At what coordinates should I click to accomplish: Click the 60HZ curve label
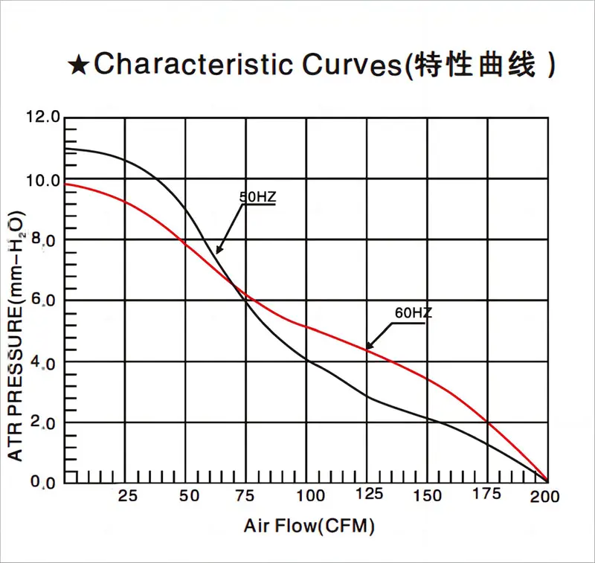coord(413,313)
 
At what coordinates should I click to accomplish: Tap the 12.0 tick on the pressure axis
coord(42,117)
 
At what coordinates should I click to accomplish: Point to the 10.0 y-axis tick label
coord(42,180)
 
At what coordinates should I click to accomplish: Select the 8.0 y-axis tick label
coord(45,241)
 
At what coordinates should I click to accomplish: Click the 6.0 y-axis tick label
coord(45,301)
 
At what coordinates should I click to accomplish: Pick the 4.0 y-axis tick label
coord(45,362)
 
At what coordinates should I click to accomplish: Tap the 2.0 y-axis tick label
coord(45,424)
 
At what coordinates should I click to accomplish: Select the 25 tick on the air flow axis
coord(128,496)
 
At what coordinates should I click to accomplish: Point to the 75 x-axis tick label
coord(248,496)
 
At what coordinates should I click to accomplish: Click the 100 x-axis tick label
coord(309,496)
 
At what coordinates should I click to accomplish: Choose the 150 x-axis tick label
coord(427,496)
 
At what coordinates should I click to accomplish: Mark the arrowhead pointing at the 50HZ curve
coord(219,251)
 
